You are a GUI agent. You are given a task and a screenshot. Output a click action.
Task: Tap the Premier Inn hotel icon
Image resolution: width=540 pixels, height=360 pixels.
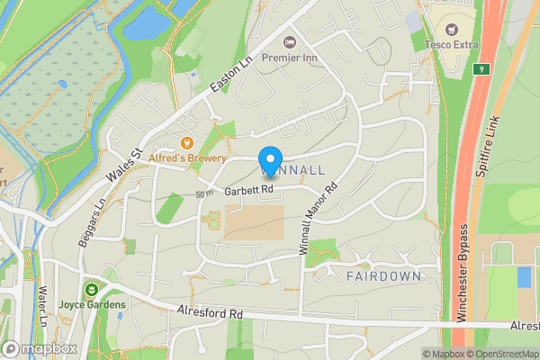[290, 42]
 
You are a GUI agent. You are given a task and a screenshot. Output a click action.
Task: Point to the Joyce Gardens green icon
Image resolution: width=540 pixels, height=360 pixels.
[91, 289]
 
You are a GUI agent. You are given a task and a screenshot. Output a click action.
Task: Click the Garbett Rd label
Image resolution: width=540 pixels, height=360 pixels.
[248, 190]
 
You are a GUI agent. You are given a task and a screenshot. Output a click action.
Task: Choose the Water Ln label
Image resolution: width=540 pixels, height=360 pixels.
[42, 305]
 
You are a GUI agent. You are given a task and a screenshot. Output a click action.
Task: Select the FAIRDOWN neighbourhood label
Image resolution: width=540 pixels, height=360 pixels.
[383, 276]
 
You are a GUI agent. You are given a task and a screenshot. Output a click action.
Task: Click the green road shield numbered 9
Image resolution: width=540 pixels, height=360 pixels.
[482, 69]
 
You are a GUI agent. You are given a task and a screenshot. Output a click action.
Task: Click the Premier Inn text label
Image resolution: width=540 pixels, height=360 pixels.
[292, 58]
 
